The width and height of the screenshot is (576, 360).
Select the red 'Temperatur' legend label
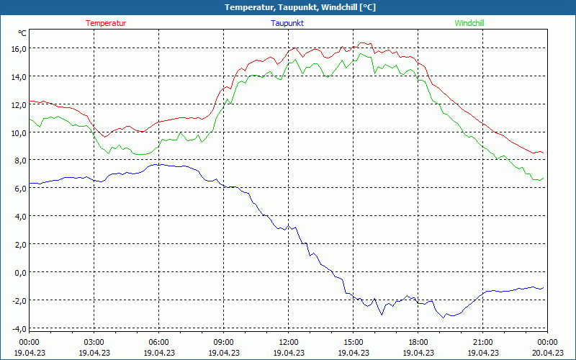coord(106,23)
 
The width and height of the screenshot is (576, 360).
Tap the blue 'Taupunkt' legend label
coord(287,23)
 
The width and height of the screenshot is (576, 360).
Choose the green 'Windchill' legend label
coord(469,23)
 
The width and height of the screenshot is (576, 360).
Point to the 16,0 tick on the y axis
coord(18,48)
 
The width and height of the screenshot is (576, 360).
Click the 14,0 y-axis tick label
coord(18,76)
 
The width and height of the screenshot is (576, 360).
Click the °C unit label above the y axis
coord(22,33)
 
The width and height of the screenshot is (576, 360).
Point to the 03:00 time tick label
coord(94,342)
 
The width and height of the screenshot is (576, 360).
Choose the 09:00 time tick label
coord(224,342)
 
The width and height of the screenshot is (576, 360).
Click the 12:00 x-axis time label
coord(289,342)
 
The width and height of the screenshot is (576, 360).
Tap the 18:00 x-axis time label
coord(418,342)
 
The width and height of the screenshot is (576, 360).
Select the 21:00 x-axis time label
coord(483,342)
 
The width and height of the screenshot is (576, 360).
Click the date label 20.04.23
coord(548,353)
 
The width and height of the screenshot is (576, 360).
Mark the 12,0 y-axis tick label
coord(18,104)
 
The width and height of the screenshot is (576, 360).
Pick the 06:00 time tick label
coord(159,342)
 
